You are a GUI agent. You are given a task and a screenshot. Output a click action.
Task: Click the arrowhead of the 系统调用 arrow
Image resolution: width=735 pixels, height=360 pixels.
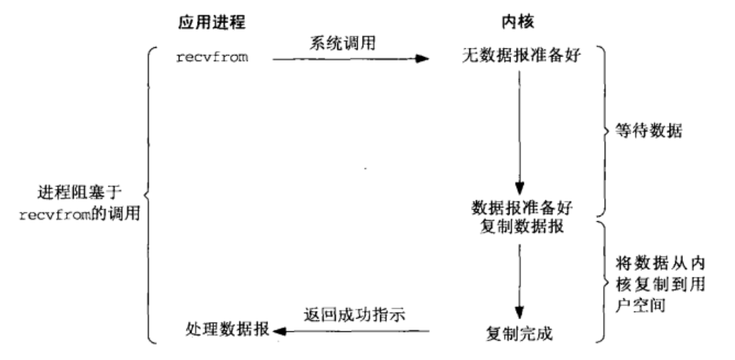tap(422, 59)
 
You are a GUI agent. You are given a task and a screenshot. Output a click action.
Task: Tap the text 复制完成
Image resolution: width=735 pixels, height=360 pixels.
tap(520, 331)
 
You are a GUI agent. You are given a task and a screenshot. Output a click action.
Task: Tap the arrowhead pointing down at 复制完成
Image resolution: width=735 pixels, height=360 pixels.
tap(519, 313)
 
